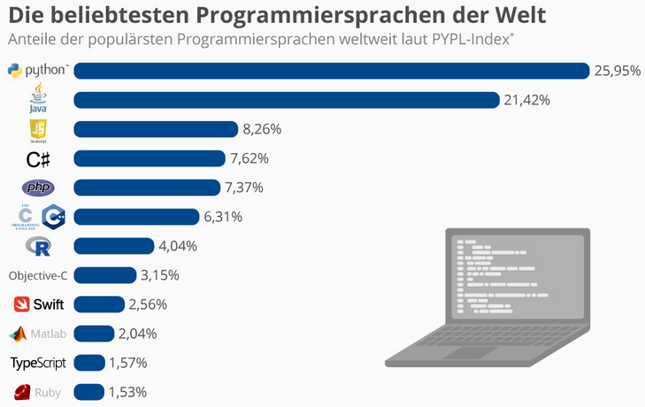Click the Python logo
38,71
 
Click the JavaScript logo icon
38,130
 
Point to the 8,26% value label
262,129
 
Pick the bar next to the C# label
150,158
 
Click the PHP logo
38,188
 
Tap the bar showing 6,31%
136,217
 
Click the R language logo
38,246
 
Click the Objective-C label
38,275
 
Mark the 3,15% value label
160,275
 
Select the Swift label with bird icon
39,304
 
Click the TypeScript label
38,363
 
